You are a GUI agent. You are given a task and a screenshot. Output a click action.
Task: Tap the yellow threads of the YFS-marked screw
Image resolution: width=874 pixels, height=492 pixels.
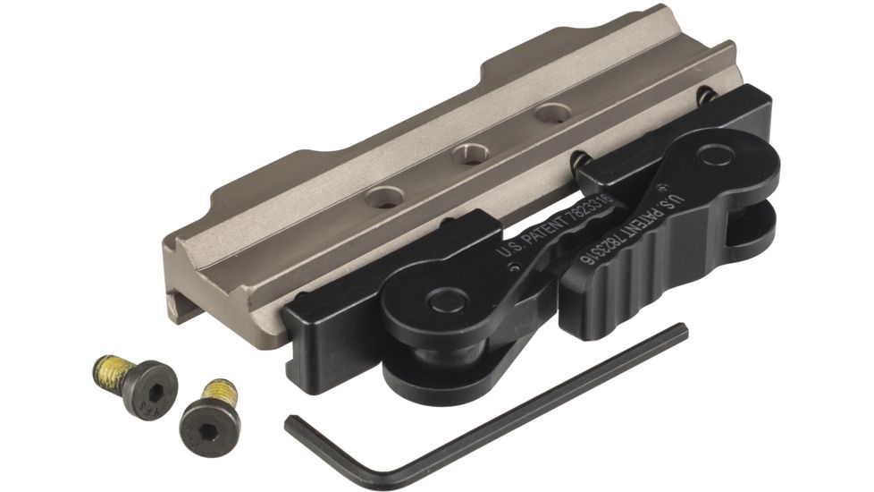(x=106, y=368)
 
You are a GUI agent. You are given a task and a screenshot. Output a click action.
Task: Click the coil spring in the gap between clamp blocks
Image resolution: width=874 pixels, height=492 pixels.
(x=579, y=161)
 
